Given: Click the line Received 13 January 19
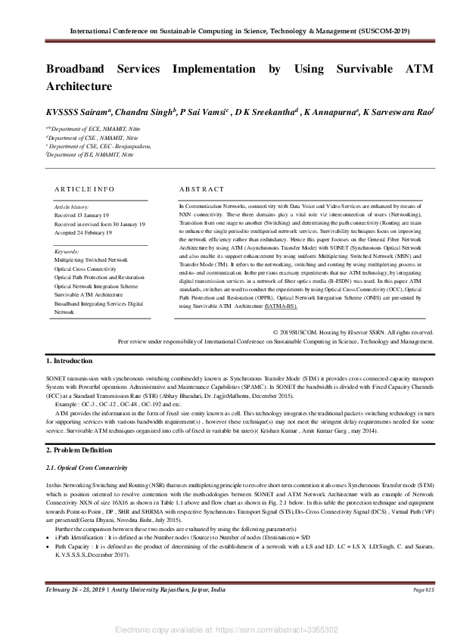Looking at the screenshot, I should point(82,215).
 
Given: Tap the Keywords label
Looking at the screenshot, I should point(67,251).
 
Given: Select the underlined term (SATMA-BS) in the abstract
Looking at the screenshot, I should point(281,307).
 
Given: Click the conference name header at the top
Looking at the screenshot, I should point(239,32).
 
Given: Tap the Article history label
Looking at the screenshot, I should point(72,206).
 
